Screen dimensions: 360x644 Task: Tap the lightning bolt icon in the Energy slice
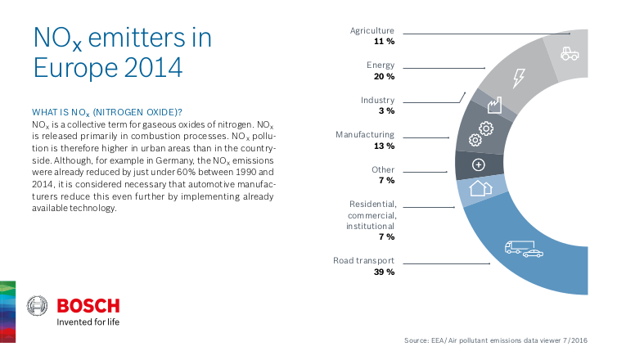(519, 79)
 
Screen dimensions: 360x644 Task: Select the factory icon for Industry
(493, 106)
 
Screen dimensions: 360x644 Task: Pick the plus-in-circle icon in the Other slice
(479, 164)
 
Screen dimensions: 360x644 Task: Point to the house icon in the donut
(480, 187)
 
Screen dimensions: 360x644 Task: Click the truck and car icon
(524, 248)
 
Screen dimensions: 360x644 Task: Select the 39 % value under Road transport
(384, 272)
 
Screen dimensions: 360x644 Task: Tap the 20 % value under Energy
(384, 76)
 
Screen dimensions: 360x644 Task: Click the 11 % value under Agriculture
(384, 41)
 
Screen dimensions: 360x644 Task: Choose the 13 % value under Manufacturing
(384, 146)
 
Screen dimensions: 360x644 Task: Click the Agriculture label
(372, 30)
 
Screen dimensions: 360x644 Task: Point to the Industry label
(377, 100)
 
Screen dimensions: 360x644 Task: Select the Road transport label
(363, 261)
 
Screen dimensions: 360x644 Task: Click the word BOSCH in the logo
(88, 306)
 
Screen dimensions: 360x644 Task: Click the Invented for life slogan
(88, 322)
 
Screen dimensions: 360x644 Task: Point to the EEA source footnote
(496, 340)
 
